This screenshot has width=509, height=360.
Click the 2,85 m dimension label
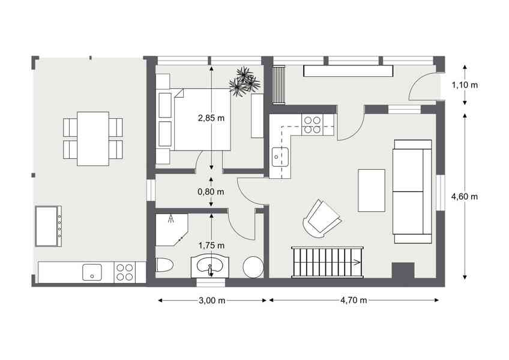point(211,118)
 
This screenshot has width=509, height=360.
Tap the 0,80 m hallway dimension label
point(211,192)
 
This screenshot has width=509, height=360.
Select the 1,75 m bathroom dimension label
point(211,246)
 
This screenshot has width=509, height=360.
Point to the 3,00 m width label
point(212,301)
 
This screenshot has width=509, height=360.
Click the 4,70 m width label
point(354,300)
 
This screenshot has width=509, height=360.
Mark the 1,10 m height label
point(465,85)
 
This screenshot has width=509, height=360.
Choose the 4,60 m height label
point(465,196)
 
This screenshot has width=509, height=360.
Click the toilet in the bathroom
point(164,266)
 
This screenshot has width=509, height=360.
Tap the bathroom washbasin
point(209,267)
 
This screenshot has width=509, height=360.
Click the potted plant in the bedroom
point(244,81)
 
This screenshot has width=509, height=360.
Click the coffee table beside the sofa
point(372,190)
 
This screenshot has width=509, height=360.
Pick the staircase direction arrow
point(357,262)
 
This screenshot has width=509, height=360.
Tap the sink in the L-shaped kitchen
point(280,157)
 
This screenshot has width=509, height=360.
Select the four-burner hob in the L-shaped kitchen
point(312,125)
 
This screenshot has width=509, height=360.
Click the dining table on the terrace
point(93,139)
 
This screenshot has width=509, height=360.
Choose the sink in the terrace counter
point(92,272)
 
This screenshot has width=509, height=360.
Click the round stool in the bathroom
point(253,267)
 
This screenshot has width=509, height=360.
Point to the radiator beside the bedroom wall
point(279,85)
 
